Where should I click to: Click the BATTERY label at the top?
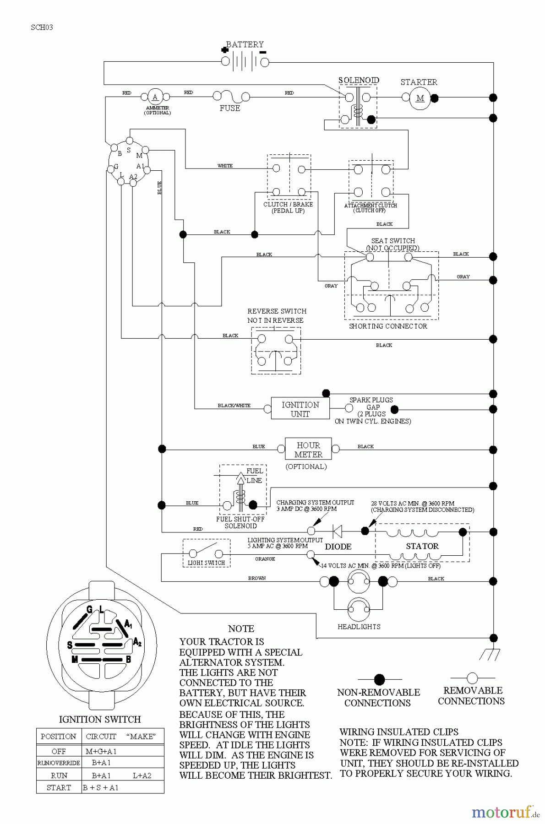click(x=245, y=44)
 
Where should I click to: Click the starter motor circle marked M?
click(x=420, y=98)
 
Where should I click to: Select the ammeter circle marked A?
click(x=155, y=97)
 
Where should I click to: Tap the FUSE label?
click(x=230, y=108)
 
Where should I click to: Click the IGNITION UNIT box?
click(x=300, y=409)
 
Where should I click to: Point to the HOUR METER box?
click(x=308, y=450)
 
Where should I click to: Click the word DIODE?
click(x=338, y=547)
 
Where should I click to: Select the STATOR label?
click(x=422, y=546)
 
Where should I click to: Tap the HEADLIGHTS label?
click(x=359, y=627)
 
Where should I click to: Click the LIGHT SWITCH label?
click(x=207, y=563)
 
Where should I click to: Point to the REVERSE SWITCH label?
click(x=277, y=311)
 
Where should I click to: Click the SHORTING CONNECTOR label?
click(x=388, y=326)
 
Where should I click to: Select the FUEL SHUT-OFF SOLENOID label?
click(x=240, y=523)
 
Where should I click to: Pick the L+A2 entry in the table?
click(x=142, y=775)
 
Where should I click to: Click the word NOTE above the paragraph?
click(x=241, y=629)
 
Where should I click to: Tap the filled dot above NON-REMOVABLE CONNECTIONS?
click(x=380, y=680)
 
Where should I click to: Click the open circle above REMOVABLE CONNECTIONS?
click(x=473, y=678)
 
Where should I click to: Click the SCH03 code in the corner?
click(x=42, y=27)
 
